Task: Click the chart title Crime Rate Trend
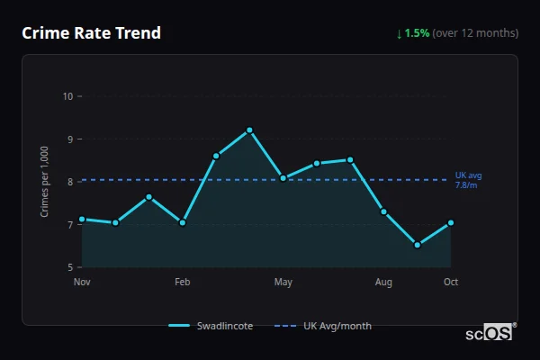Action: (x=91, y=33)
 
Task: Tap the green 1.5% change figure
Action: (x=417, y=33)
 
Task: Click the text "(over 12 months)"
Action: (x=475, y=33)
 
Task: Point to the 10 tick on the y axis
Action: (x=67, y=96)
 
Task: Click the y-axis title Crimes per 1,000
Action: (x=45, y=182)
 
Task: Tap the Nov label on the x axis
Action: (x=82, y=283)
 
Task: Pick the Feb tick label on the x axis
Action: (x=183, y=283)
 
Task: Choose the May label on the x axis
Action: (x=283, y=283)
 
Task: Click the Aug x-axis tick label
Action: (x=383, y=283)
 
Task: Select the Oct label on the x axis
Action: (x=451, y=283)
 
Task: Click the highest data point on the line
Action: (x=249, y=130)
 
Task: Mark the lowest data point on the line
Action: (x=417, y=245)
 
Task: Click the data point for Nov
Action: (x=82, y=219)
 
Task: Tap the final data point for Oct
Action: (x=451, y=222)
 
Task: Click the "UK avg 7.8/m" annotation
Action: (x=467, y=180)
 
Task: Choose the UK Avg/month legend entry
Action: (x=326, y=326)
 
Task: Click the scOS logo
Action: (x=490, y=333)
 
